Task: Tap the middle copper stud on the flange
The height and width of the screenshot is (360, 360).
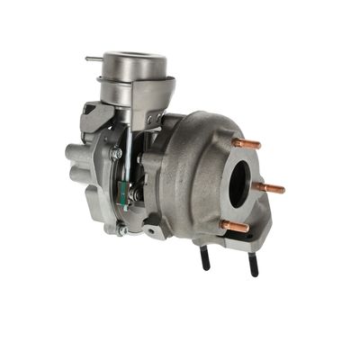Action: coord(269,188)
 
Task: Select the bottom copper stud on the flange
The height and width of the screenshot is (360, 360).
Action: coord(237,227)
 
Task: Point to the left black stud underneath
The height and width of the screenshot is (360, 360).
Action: coord(205,258)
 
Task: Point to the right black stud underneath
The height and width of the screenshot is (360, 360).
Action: coord(254,264)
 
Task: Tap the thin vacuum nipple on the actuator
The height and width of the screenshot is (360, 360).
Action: coord(94,59)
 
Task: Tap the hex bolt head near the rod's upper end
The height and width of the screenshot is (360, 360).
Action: coord(116,154)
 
